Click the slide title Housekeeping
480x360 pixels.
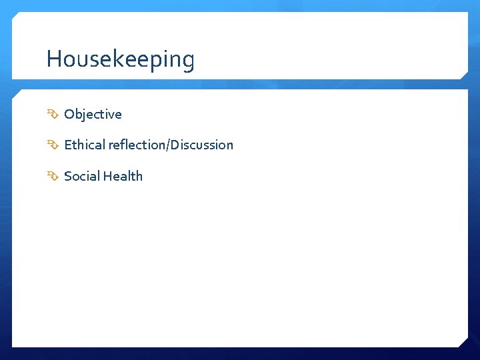[121, 60]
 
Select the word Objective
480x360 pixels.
[93, 114]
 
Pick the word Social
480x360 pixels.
[81, 176]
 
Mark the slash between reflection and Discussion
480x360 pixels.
[169, 145]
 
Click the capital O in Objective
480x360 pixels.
[69, 114]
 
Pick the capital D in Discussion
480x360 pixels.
[175, 145]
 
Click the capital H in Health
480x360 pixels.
[106, 176]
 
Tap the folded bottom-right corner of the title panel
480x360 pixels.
[464, 74]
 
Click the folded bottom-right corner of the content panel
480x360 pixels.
[463, 342]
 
